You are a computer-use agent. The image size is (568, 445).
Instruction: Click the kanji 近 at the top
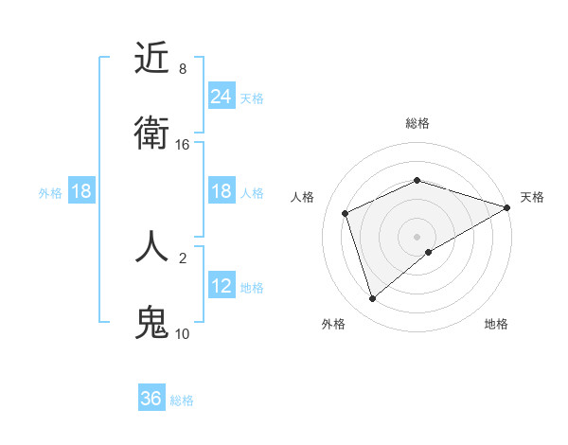[151, 59]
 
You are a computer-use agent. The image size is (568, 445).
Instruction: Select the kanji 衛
[151, 133]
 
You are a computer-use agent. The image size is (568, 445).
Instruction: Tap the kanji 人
[151, 246]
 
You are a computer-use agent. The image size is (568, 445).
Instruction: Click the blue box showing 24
[222, 96]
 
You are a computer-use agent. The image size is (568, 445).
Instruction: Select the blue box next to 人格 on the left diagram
[222, 191]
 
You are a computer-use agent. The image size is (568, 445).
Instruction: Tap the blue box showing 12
[222, 286]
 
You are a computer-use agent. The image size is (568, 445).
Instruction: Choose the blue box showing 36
[151, 399]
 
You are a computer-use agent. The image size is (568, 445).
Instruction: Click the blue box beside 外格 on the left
[81, 191]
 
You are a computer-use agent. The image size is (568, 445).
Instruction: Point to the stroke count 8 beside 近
[183, 69]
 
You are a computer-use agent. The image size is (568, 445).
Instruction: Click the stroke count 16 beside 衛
[183, 145]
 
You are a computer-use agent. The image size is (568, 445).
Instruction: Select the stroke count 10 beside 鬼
[183, 333]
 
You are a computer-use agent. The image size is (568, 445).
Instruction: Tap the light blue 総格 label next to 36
[182, 400]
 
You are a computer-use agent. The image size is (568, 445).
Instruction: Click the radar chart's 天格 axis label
[532, 197]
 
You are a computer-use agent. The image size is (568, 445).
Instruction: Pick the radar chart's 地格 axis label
[496, 324]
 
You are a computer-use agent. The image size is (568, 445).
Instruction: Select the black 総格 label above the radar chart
[417, 123]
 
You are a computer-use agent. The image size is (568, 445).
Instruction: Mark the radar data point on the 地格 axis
[429, 252]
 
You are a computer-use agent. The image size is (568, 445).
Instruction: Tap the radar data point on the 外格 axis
[372, 299]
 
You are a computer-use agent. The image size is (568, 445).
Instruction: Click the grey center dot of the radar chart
[417, 236]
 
